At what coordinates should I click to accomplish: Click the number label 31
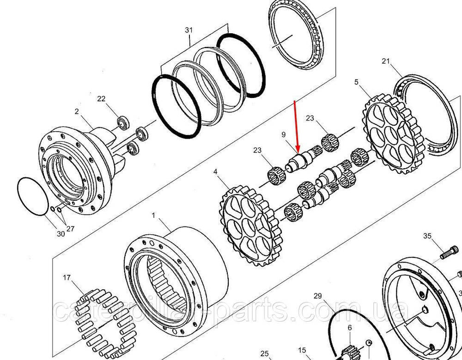point(189,30)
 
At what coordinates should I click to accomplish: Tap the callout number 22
point(101,99)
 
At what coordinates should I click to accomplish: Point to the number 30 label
point(61,234)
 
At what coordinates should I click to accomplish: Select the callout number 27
point(70,228)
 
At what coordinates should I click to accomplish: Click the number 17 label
point(67,277)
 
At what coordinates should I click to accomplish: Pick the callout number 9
point(284,135)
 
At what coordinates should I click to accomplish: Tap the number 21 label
point(386,61)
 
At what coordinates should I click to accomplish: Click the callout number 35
point(427,236)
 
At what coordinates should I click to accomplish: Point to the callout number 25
point(265,354)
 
